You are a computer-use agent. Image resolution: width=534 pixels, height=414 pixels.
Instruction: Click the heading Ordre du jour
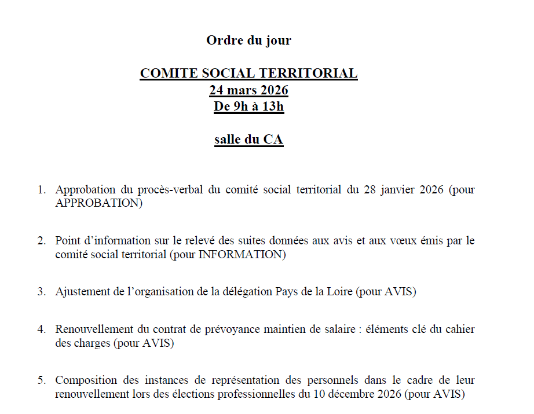(248, 41)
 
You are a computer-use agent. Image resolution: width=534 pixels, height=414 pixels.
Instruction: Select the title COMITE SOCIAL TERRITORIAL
(248, 74)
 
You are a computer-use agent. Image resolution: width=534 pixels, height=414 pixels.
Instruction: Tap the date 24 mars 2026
(248, 90)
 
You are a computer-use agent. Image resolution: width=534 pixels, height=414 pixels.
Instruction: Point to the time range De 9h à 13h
(248, 107)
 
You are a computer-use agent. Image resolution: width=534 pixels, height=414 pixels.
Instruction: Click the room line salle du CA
(248, 140)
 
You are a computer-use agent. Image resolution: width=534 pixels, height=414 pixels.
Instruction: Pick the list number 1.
(41, 190)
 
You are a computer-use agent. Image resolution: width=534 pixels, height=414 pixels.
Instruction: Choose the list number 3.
(41, 292)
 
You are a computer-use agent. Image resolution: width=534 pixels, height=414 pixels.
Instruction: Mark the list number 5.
(41, 380)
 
